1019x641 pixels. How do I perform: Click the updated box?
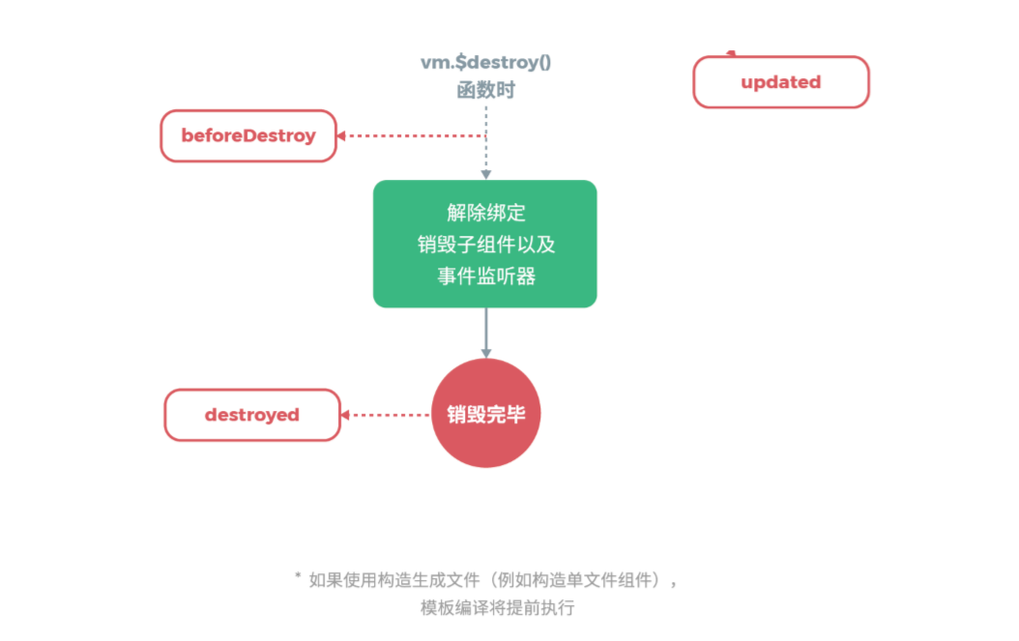pos(781,82)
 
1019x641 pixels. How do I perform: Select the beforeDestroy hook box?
pos(248,135)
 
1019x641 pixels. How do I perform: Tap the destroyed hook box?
pos(252,415)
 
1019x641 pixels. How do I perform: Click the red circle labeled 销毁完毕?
pos(485,414)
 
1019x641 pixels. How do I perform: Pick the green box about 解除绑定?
pos(485,244)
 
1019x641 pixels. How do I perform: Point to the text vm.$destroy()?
pos(484,63)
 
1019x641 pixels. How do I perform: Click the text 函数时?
pos(485,92)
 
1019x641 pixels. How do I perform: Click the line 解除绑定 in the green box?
pos(485,213)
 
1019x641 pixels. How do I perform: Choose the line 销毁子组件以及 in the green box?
pos(485,245)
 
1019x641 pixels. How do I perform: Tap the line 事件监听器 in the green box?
pos(485,277)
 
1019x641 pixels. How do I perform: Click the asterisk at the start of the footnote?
pos(298,577)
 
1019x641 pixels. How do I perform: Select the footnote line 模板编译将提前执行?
pos(497,608)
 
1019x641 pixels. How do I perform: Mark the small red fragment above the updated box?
pos(732,53)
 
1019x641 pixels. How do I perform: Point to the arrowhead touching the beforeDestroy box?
pos(342,136)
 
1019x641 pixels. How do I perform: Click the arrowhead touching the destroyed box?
pos(346,415)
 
